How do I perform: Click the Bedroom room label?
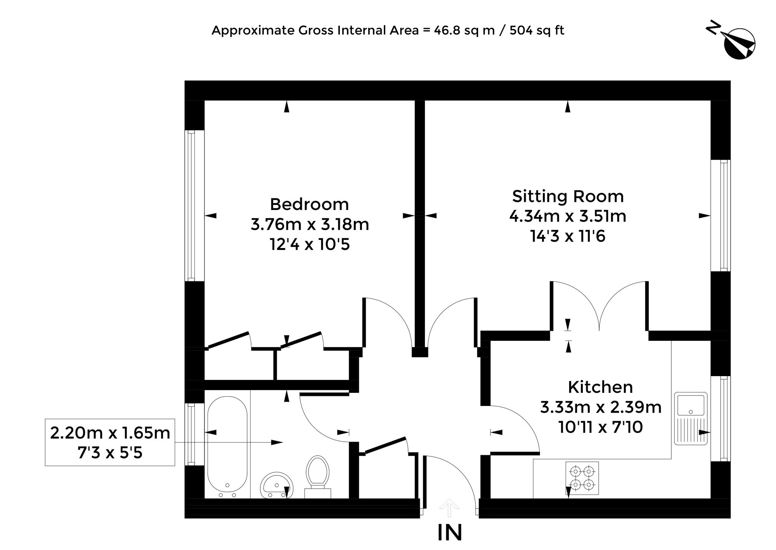pos(309,204)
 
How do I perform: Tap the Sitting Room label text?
pos(568,196)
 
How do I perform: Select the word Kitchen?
pos(600,387)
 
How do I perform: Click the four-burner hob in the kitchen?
pos(582,478)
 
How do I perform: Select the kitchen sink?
pos(691,418)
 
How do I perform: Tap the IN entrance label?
pos(450,533)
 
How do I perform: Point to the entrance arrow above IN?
pos(449,508)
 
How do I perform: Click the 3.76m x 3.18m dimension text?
pos(310,224)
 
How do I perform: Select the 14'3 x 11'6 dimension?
pos(568,236)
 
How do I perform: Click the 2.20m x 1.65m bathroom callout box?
pos(110,442)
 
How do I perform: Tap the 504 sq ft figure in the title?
pos(537,30)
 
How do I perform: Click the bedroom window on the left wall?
pos(191,205)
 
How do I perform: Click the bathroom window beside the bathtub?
pos(191,434)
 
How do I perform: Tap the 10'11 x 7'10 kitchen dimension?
pos(601,427)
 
